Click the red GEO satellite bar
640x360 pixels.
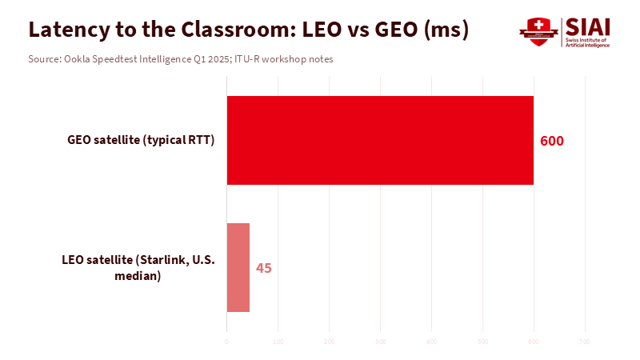tap(380, 141)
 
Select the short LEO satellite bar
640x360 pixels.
tap(238, 267)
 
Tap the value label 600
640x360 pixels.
tap(552, 141)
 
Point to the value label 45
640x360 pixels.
tap(264, 268)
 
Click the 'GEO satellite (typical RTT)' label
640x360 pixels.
tap(142, 141)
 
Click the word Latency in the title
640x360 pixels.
tap(66, 30)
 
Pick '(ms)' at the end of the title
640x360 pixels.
tap(445, 30)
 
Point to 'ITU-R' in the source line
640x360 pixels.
tap(247, 59)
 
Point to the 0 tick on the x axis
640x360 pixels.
tap(227, 342)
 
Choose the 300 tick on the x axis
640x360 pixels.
tap(380, 342)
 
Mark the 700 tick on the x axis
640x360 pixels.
tap(585, 342)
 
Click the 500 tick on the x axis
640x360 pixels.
tap(482, 342)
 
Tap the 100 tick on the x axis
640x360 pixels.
tap(278, 342)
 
